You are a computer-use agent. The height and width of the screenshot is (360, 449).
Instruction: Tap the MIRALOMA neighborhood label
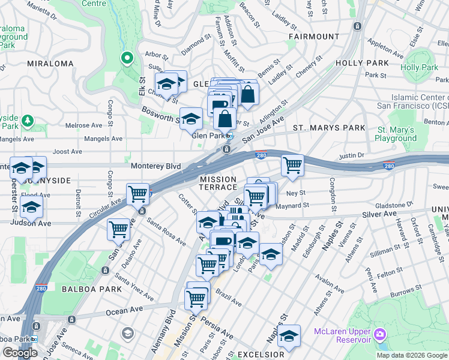[46, 62]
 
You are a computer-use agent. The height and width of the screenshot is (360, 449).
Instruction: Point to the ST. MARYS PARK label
[329, 128]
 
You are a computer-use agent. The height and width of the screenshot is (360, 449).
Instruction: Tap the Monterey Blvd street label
[155, 165]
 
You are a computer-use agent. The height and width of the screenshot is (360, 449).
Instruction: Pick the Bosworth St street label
[160, 115]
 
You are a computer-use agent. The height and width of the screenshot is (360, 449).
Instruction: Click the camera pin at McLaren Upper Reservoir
[379, 333]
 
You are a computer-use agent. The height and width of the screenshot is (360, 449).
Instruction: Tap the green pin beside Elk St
[127, 58]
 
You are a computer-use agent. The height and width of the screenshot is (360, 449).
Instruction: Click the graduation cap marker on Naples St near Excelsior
[289, 335]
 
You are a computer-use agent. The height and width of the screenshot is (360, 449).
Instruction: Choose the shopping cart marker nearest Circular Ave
[138, 194]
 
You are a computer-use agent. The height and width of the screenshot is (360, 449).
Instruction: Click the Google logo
[20, 353]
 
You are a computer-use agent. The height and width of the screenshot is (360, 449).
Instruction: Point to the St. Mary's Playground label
[396, 134]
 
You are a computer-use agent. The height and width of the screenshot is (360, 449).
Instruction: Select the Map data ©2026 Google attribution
[412, 355]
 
